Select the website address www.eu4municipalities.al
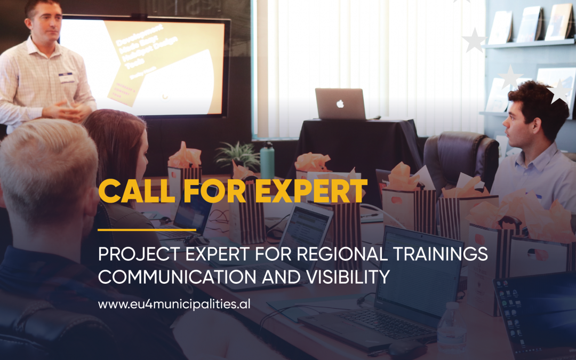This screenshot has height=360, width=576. point(174,305)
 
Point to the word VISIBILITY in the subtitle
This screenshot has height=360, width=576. point(355,278)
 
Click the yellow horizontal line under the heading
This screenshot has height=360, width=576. point(147,230)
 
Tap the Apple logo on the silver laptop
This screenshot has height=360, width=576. point(340,104)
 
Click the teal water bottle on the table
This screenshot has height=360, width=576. point(267,161)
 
